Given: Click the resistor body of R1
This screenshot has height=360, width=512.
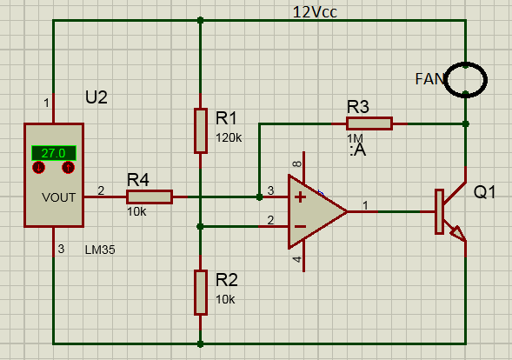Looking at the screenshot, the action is (x=201, y=130).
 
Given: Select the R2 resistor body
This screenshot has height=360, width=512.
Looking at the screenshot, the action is (x=201, y=293).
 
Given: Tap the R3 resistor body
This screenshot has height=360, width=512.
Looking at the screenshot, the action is (x=369, y=123).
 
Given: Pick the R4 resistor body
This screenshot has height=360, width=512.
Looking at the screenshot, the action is (x=150, y=197).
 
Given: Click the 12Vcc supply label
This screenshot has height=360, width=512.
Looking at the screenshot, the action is (x=315, y=12).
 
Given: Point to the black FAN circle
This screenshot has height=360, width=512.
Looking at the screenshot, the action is (x=466, y=64).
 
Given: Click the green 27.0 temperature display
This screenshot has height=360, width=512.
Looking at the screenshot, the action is (x=54, y=153).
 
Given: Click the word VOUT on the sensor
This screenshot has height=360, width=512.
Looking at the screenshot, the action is (x=58, y=197).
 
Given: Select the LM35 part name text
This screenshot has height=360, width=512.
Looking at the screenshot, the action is (x=100, y=250).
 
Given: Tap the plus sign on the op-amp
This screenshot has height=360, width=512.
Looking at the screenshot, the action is (x=301, y=197).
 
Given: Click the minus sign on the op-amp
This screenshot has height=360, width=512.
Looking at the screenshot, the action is (x=301, y=226).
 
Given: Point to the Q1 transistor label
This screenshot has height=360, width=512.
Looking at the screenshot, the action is (x=484, y=192).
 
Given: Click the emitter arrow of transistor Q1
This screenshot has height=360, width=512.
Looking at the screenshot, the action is (x=458, y=233).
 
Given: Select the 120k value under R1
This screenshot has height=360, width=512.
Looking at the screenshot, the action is (x=229, y=138).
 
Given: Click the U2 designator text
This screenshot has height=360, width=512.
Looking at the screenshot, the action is (x=96, y=97).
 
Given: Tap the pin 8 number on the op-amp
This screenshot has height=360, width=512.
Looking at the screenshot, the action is (x=296, y=163).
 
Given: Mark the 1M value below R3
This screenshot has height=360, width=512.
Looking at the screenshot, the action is (x=355, y=138).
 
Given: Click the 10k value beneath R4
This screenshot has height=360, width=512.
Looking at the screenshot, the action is (x=136, y=211).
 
